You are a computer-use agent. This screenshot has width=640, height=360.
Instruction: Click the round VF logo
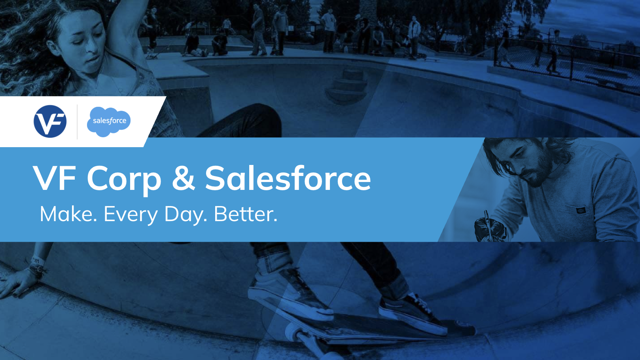pyautogui.click(x=50, y=121)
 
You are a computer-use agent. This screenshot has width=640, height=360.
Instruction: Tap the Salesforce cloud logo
pyautogui.click(x=108, y=122)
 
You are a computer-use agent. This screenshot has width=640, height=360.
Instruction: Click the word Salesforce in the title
pyautogui.click(x=288, y=177)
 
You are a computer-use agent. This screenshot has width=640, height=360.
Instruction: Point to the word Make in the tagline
pyautogui.click(x=68, y=214)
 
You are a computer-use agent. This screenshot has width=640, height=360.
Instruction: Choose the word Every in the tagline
pyautogui.click(x=131, y=215)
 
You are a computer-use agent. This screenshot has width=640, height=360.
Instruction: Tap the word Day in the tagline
pyautogui.click(x=186, y=215)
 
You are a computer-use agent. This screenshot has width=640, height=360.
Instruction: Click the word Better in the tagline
pyautogui.click(x=245, y=214)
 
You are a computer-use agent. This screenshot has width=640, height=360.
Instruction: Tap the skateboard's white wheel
pyautogui.click(x=294, y=333)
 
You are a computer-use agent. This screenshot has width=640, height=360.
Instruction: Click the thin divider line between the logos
pyautogui.click(x=77, y=122)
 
